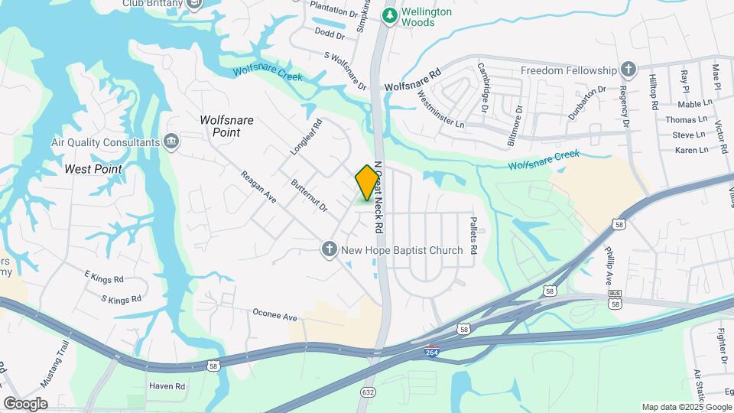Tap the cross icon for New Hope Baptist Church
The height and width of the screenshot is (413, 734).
pos(329,249)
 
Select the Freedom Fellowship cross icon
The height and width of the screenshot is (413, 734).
pos(628,70)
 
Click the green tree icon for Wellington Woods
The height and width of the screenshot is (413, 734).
pos(390,15)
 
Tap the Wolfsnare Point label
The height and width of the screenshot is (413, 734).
pos(220,126)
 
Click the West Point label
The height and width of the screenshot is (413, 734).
pos(93,169)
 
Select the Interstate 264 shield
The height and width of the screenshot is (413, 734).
pos(432,352)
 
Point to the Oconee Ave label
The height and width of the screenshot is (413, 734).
pos(274,315)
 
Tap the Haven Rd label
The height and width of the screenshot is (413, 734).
pos(167,386)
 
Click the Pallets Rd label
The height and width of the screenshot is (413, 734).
pos(473,235)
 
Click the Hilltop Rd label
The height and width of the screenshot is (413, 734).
pos(654,93)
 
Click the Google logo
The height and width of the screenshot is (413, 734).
pos(24,403)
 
